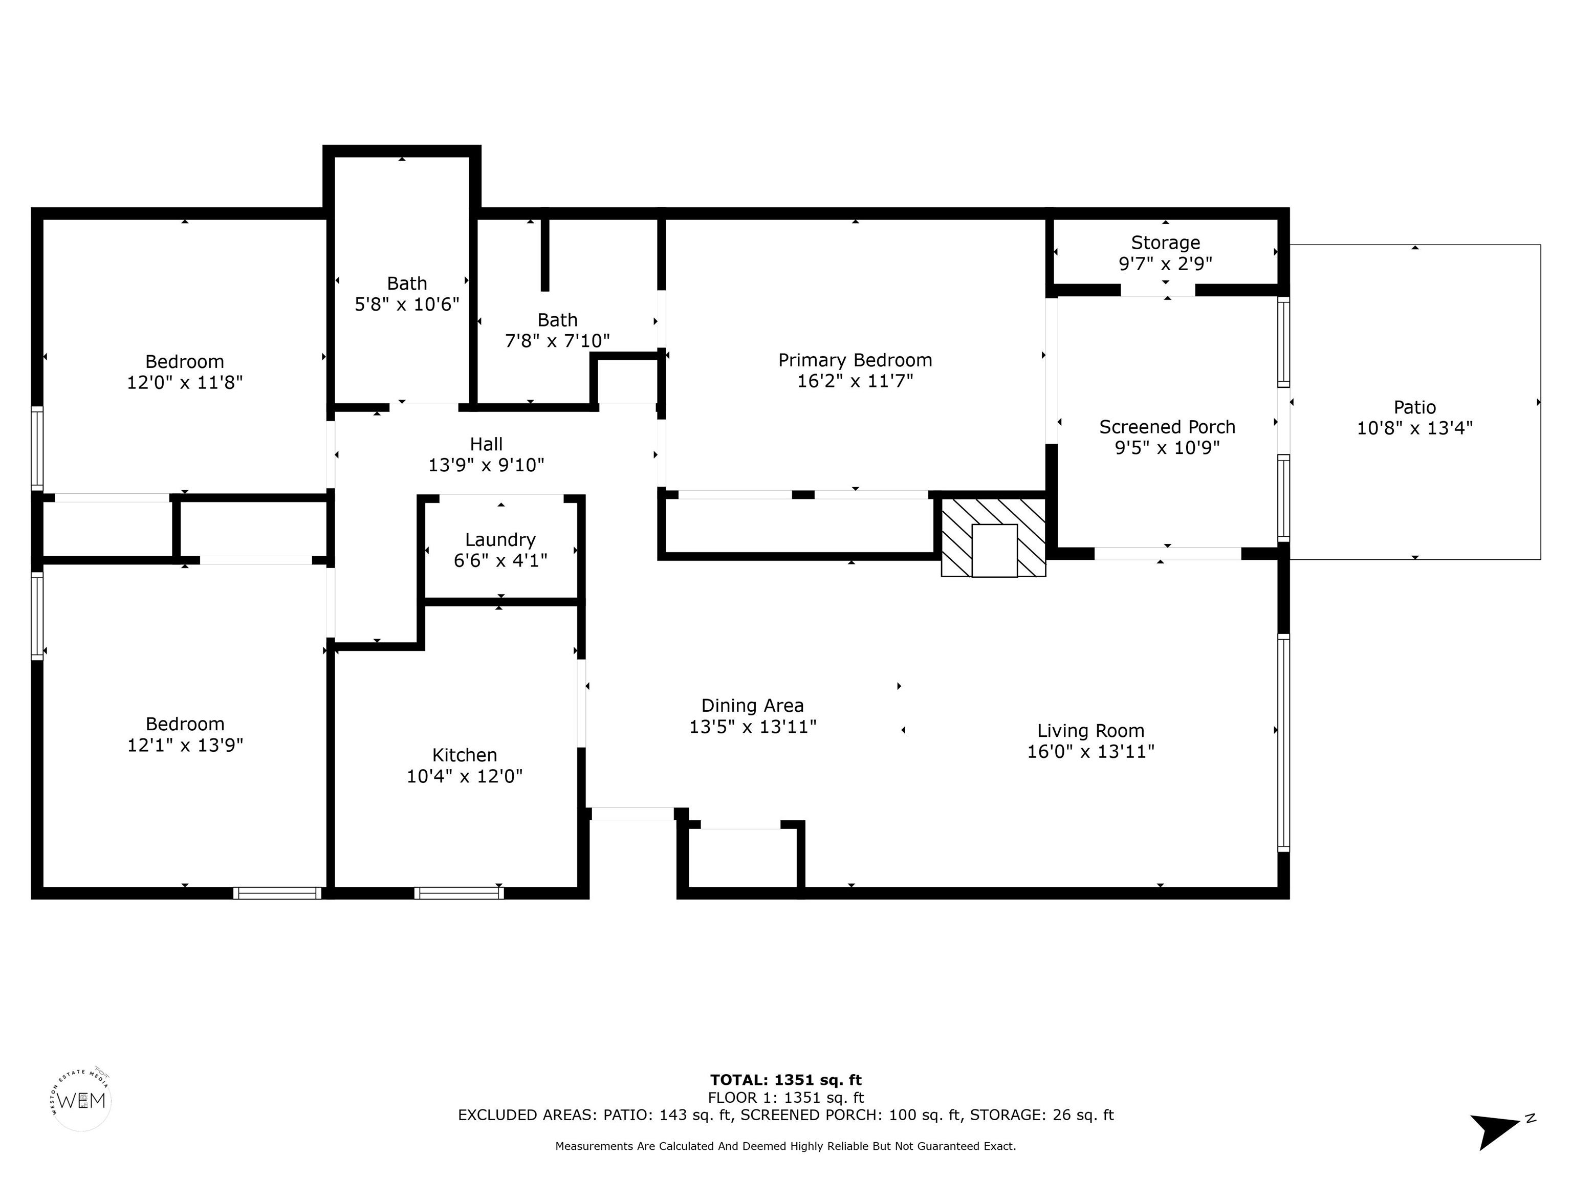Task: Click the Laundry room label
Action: tap(500, 540)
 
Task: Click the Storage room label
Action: tap(1166, 243)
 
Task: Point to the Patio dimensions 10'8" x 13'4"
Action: tap(1415, 428)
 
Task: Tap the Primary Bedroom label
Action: tap(855, 360)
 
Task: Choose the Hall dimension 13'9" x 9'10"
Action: tap(486, 465)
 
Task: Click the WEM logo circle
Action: tap(82, 1101)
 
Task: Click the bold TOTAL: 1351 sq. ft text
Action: tap(786, 1080)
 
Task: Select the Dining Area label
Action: tap(753, 706)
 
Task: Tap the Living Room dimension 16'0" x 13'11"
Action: tap(1091, 751)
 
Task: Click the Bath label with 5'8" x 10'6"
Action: tap(407, 283)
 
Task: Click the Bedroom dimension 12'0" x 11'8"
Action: tap(185, 382)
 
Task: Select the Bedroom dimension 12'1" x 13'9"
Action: tap(185, 745)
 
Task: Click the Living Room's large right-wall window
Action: tap(1283, 743)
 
